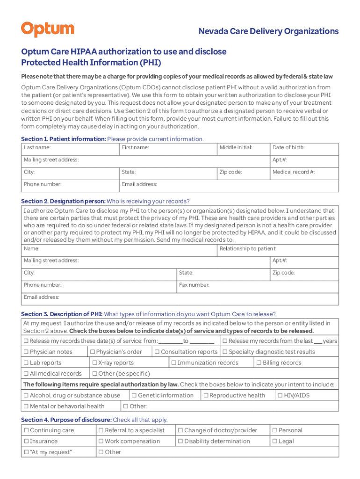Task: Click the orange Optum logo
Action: pyautogui.click(x=47, y=29)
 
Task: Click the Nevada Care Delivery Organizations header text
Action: pyautogui.click(x=268, y=31)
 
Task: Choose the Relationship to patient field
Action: pyautogui.click(x=279, y=251)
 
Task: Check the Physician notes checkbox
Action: pyautogui.click(x=26, y=352)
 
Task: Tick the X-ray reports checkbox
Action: pyautogui.click(x=94, y=363)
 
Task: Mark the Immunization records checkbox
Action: pyautogui.click(x=174, y=363)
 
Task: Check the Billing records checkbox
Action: pyautogui.click(x=259, y=363)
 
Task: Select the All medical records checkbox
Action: pyautogui.click(x=26, y=374)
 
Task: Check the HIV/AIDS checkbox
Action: pyautogui.click(x=281, y=396)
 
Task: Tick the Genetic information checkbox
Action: pyautogui.click(x=134, y=396)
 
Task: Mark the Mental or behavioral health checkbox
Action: pyautogui.click(x=26, y=406)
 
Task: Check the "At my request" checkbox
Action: pyautogui.click(x=26, y=452)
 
